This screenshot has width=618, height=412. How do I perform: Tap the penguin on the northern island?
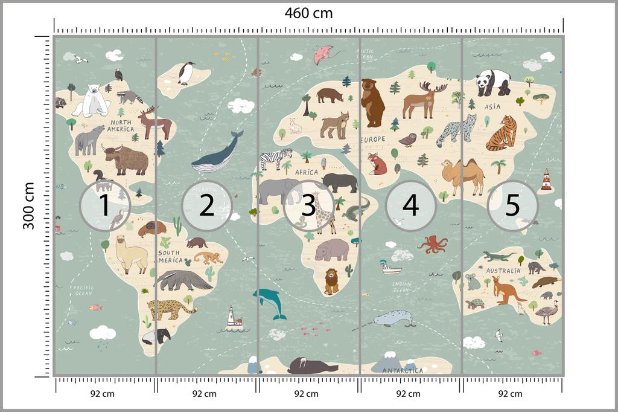(x=186, y=73)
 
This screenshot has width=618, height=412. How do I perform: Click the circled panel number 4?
(x=410, y=205)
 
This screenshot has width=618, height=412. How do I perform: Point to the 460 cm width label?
(x=308, y=13)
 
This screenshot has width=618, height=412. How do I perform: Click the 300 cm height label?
(x=28, y=205)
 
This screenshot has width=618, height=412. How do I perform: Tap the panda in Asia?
(x=493, y=82)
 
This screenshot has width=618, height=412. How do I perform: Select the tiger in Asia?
(x=502, y=134)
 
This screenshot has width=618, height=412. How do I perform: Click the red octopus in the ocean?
(x=433, y=243)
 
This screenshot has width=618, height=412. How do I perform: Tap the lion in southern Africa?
(x=331, y=281)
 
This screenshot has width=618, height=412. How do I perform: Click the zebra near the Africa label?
(x=276, y=158)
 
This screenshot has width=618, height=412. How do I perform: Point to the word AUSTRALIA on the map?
(x=503, y=271)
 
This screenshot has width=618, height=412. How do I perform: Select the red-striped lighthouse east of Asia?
(x=546, y=180)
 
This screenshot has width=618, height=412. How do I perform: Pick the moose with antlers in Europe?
(x=423, y=98)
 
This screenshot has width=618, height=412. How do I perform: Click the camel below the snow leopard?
(x=463, y=175)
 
